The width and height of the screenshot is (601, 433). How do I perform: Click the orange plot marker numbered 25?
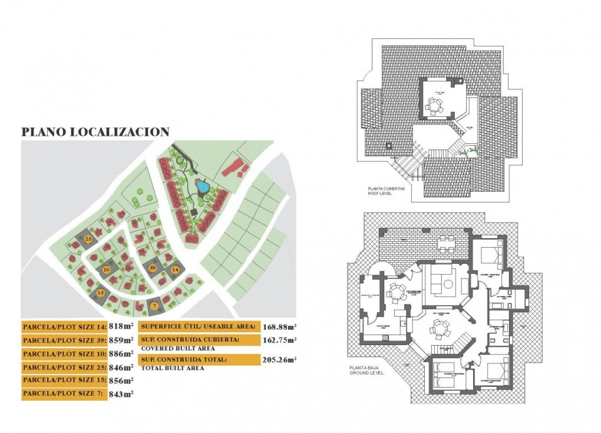point(88,239)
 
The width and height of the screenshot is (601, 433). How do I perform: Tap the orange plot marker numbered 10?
point(106,269)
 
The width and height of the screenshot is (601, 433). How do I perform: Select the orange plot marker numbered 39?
point(152,268)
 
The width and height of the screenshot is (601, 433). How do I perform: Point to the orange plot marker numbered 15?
point(101,293)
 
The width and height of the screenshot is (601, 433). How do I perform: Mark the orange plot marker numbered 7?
point(154,306)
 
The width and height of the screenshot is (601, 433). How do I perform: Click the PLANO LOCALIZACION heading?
point(95,132)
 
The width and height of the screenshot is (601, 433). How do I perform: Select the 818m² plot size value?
point(121,326)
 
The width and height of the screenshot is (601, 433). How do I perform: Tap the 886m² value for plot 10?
point(121,354)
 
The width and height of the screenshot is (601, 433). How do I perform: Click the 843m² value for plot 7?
point(121,394)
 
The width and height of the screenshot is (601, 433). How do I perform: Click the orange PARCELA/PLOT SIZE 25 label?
point(64,368)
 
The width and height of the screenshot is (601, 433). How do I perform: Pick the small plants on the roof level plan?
point(465,153)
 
